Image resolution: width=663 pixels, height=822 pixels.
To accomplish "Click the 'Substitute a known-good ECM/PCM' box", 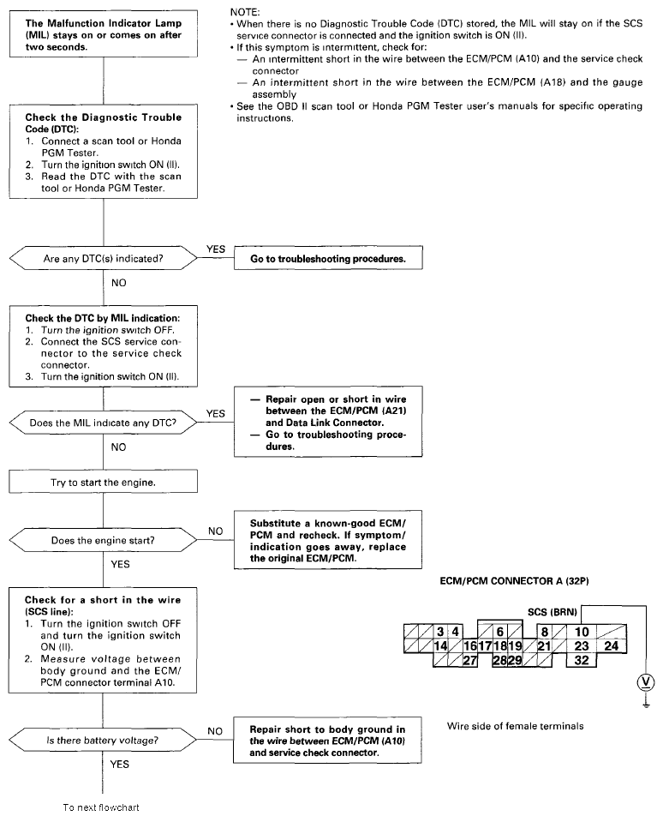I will click(x=328, y=540).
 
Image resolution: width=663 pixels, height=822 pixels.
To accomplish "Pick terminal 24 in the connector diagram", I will click(x=612, y=646).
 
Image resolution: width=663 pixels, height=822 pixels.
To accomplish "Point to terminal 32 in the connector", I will click(x=582, y=660).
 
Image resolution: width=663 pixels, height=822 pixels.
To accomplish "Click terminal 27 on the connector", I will click(x=469, y=660).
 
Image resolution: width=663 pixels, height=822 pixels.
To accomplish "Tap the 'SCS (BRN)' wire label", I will click(x=552, y=612).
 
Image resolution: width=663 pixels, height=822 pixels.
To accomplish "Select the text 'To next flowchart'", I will click(x=101, y=807).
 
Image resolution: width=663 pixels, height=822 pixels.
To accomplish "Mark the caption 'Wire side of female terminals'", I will click(x=515, y=725).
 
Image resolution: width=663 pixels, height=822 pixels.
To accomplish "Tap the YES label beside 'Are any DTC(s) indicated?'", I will click(x=215, y=248).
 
